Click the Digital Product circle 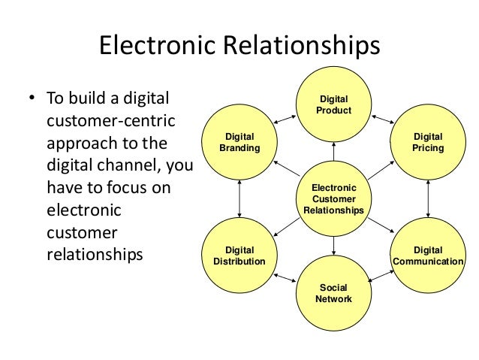point(333,105)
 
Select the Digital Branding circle point(239,142)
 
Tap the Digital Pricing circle point(428,142)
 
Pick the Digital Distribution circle point(239,256)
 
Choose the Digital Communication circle point(428,256)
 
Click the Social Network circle point(333,292)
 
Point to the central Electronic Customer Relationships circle point(333,198)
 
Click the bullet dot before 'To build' point(32,101)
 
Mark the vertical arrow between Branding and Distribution point(239,198)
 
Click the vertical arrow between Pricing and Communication point(428,198)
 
